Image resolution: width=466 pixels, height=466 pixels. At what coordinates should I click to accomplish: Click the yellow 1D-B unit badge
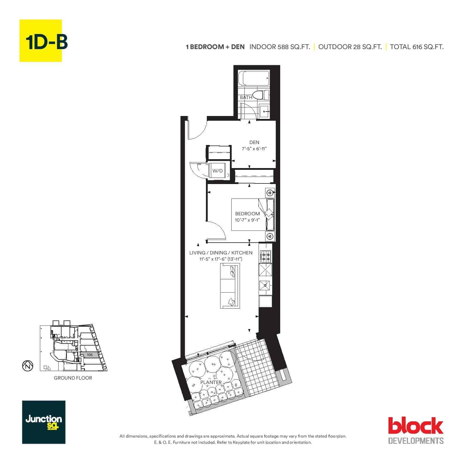coord(41,41)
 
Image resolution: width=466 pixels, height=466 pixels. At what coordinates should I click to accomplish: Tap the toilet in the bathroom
coord(262,95)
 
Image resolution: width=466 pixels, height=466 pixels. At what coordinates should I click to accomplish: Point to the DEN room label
coord(254,143)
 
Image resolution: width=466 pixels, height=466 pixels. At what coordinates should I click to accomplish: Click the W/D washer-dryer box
coord(217,171)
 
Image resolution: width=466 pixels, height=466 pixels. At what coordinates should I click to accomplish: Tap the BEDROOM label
coord(247,214)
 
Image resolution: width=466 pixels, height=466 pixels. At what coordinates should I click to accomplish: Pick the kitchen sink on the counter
coord(265,286)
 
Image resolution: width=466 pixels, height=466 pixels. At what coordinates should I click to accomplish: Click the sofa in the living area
coord(230,286)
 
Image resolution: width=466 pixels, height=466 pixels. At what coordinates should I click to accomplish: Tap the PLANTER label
coord(211,382)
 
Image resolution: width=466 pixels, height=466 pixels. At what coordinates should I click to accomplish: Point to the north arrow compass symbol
coord(28,366)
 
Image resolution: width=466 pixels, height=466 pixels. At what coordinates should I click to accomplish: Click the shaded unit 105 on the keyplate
coord(90,355)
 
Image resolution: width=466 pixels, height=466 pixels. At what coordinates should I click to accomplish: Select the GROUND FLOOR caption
coord(73,378)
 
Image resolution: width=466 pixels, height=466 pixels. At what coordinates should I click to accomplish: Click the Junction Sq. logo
coord(44,422)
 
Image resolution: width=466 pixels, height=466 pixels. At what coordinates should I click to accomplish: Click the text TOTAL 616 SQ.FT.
coord(417,47)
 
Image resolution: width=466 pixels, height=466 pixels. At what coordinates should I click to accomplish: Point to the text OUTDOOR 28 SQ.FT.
coord(350,47)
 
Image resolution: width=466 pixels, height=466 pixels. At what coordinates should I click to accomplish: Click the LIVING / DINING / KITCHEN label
coord(221,253)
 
